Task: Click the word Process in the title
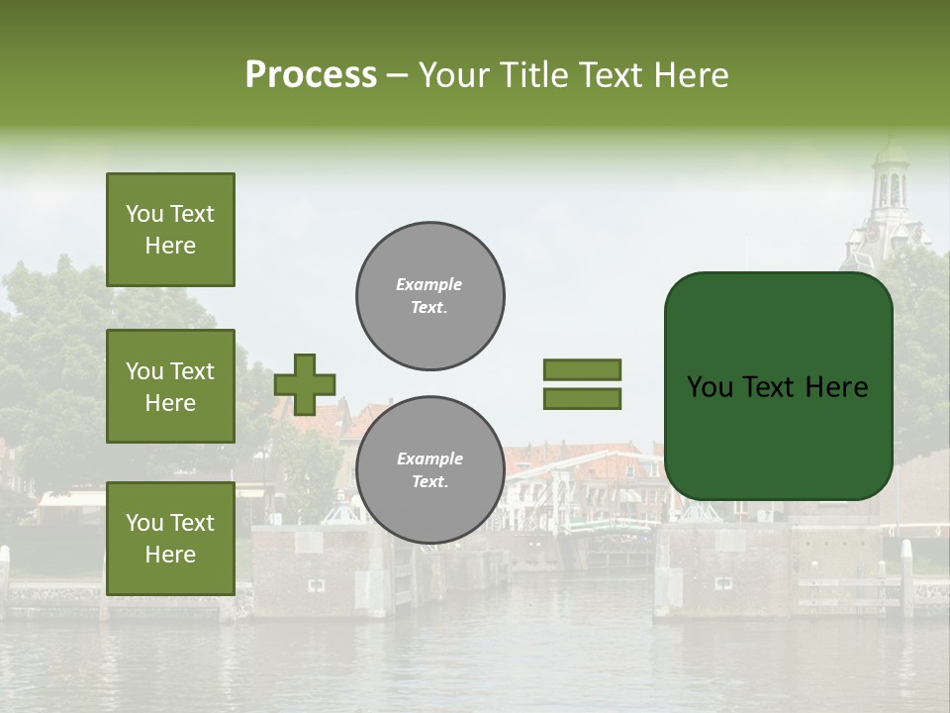click(x=311, y=75)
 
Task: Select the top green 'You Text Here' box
click(x=170, y=230)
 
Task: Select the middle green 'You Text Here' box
click(x=170, y=386)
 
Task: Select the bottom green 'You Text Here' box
click(x=170, y=539)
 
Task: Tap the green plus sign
click(x=304, y=384)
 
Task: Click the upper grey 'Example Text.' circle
click(x=429, y=296)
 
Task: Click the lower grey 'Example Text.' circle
click(x=429, y=470)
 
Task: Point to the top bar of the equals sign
click(x=582, y=370)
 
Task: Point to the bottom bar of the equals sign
click(x=582, y=398)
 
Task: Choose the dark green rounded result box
click(x=778, y=386)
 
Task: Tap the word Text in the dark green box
click(x=773, y=387)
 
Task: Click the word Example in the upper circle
click(x=429, y=285)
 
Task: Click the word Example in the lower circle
click(x=429, y=459)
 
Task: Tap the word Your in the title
click(x=453, y=75)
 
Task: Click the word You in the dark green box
click(x=710, y=387)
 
